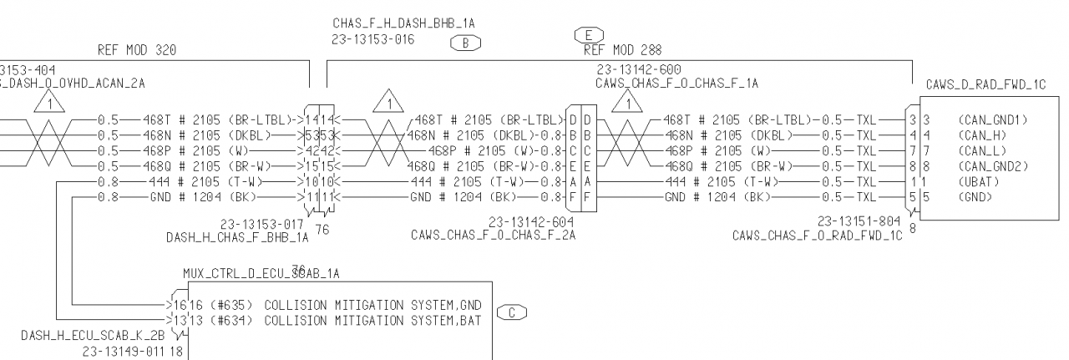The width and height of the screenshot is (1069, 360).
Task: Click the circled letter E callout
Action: click(x=588, y=35)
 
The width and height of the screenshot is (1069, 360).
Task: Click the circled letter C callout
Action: click(x=511, y=313)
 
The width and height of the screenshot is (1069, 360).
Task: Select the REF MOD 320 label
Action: click(x=137, y=50)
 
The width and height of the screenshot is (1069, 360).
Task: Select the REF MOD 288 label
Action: click(x=622, y=50)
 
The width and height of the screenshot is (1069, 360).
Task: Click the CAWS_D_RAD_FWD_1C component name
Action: click(x=987, y=85)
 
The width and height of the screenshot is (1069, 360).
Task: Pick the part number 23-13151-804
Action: click(x=860, y=222)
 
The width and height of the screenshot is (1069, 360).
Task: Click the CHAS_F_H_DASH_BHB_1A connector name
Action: click(x=398, y=24)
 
